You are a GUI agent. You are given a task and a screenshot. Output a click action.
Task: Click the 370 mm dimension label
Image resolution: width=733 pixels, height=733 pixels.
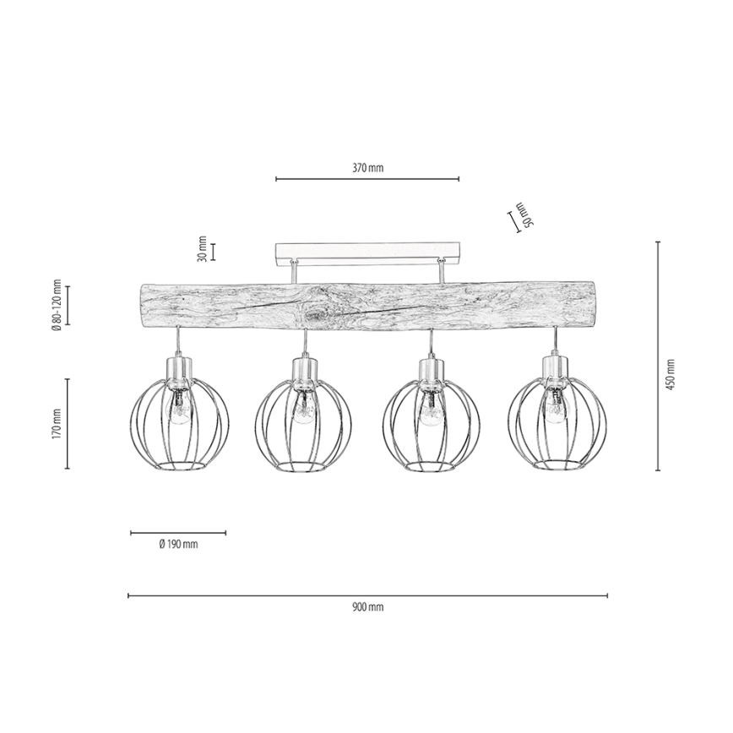click(367, 168)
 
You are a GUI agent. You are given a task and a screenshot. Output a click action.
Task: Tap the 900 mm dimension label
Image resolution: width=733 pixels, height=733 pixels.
click(367, 607)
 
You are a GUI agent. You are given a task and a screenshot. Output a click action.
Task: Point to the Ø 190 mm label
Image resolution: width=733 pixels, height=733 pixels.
click(178, 545)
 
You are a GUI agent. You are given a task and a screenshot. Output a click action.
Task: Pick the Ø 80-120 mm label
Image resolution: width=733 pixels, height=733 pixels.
click(57, 305)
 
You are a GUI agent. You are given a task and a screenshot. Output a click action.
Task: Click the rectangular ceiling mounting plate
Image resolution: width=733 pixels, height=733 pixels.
click(367, 252)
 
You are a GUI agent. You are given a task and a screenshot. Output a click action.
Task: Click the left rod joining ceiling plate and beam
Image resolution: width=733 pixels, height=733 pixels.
click(292, 273)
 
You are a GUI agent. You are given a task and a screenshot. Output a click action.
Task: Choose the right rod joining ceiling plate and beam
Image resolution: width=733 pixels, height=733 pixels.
click(441, 273)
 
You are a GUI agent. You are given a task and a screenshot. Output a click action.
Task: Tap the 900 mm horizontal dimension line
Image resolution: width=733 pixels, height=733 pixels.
click(367, 595)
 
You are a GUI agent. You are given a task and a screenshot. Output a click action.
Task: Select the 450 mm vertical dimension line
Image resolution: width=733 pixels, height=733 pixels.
click(658, 355)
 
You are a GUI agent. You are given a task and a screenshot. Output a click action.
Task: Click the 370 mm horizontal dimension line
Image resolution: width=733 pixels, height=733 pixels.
click(367, 179)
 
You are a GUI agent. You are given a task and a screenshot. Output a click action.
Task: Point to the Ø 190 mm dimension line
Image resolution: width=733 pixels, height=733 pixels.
click(178, 533)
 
